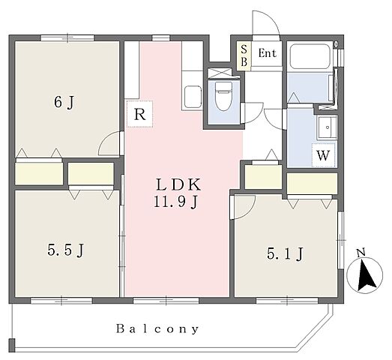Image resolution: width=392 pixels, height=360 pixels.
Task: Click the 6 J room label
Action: coord(64,102)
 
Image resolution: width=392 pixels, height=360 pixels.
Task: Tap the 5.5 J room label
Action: coord(65,250)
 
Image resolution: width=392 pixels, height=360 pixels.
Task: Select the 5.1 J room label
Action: coord(286,253)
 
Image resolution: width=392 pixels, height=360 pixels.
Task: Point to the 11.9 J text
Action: coord(175,202)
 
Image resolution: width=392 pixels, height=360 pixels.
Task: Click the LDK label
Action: coord(178,184)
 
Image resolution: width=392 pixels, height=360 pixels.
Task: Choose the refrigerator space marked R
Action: coord(139,114)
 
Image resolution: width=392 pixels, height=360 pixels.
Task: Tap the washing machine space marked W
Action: coord(323,155)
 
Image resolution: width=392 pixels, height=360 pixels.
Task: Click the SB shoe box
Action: coord(244,55)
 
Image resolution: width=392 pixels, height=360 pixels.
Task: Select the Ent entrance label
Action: coord(268,53)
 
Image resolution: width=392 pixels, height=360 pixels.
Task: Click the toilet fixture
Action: coord(223,96)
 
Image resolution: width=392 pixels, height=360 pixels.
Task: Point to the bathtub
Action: coord(310,56)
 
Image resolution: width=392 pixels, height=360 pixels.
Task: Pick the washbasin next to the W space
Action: coord(327,127)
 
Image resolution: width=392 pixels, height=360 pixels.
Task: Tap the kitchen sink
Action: coord(193,96)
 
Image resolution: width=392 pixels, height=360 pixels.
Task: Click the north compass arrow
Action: coord(366,275)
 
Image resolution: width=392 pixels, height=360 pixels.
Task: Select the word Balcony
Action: coord(157,328)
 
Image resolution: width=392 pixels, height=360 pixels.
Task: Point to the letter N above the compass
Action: coord(361,253)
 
